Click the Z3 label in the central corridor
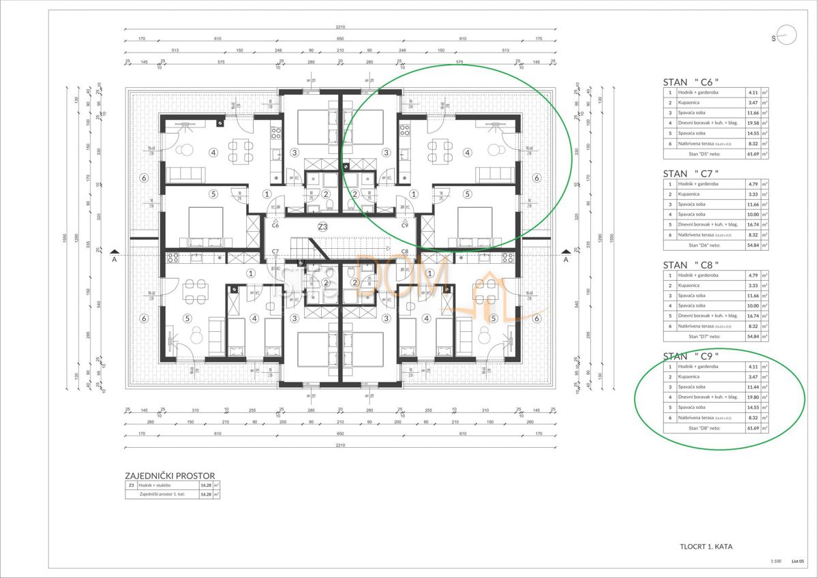pos(322,226)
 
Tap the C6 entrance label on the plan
pos(275,225)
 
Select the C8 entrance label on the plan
pos(404,252)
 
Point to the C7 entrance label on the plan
pos(275,252)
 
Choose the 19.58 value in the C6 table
pos(753,123)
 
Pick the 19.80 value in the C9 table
pos(753,397)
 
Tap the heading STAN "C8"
pos(690,264)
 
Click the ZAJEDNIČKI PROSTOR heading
pos(170,476)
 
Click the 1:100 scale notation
pos(775,562)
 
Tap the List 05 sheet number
pos(797,562)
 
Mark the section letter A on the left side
pos(115,259)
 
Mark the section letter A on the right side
pos(565,259)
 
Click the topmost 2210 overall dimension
pos(340,27)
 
